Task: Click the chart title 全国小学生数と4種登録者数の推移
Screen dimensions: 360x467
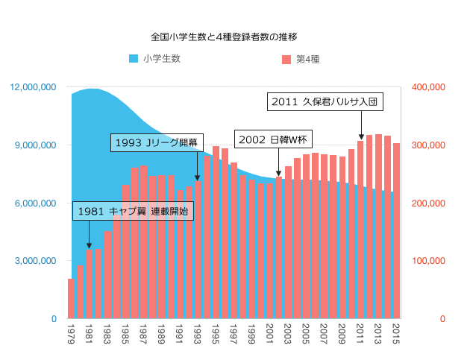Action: click(224, 36)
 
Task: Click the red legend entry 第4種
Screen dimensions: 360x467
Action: click(301, 59)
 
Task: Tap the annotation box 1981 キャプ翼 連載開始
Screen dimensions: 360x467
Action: click(134, 212)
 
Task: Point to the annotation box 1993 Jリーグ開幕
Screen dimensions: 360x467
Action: click(157, 142)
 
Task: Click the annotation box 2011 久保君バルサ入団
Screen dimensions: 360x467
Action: click(325, 101)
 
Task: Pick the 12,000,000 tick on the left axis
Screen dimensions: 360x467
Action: click(34, 87)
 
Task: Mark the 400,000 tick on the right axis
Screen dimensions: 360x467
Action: click(429, 87)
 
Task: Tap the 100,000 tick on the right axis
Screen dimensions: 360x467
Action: click(429, 261)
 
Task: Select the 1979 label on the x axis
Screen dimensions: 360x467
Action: click(71, 330)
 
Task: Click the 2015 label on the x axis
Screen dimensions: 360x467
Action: click(397, 330)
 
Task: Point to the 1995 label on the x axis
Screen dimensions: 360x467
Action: click(216, 330)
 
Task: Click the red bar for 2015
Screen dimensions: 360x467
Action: click(397, 231)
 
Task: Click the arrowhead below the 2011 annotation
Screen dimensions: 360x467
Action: click(361, 136)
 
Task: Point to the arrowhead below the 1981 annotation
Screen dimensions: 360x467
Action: click(89, 246)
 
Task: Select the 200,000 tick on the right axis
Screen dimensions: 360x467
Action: click(429, 203)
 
